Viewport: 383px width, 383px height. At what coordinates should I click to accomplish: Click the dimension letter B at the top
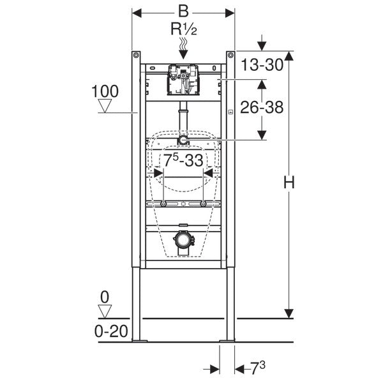183,11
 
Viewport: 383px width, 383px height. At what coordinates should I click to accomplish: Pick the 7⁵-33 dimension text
183,158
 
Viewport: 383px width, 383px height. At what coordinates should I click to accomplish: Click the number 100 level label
105,91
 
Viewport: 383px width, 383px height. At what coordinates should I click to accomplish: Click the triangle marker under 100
105,106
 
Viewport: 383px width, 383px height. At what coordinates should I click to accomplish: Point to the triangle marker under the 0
105,312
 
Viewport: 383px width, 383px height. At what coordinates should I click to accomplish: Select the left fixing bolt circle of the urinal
164,204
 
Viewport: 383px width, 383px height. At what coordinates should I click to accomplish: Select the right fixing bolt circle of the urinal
203,204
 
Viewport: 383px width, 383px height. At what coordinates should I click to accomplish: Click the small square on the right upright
230,112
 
